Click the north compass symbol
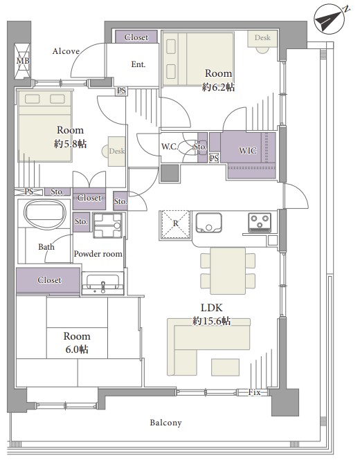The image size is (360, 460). pyautogui.click(x=329, y=19)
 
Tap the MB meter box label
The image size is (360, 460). pyautogui.click(x=23, y=61)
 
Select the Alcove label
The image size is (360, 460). pyautogui.click(x=66, y=51)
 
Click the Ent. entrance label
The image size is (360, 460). pyautogui.click(x=138, y=64)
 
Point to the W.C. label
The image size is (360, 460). pyautogui.click(x=170, y=147)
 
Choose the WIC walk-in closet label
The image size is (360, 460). pyautogui.click(x=248, y=151)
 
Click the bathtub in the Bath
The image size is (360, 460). pyautogui.click(x=45, y=214)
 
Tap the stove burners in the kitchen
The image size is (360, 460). pyautogui.click(x=260, y=222)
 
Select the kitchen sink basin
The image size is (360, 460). pyautogui.click(x=209, y=223)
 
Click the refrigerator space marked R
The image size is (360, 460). pyautogui.click(x=175, y=225)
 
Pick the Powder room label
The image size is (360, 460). pyautogui.click(x=98, y=254)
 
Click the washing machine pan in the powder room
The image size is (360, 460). pyautogui.click(x=108, y=226)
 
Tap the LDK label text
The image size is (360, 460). pyautogui.click(x=211, y=307)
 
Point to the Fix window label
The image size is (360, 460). pyautogui.click(x=254, y=392)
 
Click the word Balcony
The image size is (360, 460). pyautogui.click(x=166, y=423)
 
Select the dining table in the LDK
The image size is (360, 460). pyautogui.click(x=228, y=270)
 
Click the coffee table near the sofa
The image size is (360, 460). pyautogui.click(x=225, y=367)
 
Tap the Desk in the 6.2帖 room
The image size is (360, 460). pyautogui.click(x=262, y=39)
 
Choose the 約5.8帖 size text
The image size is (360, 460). pyautogui.click(x=70, y=144)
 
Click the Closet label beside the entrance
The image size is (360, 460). pyautogui.click(x=136, y=37)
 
